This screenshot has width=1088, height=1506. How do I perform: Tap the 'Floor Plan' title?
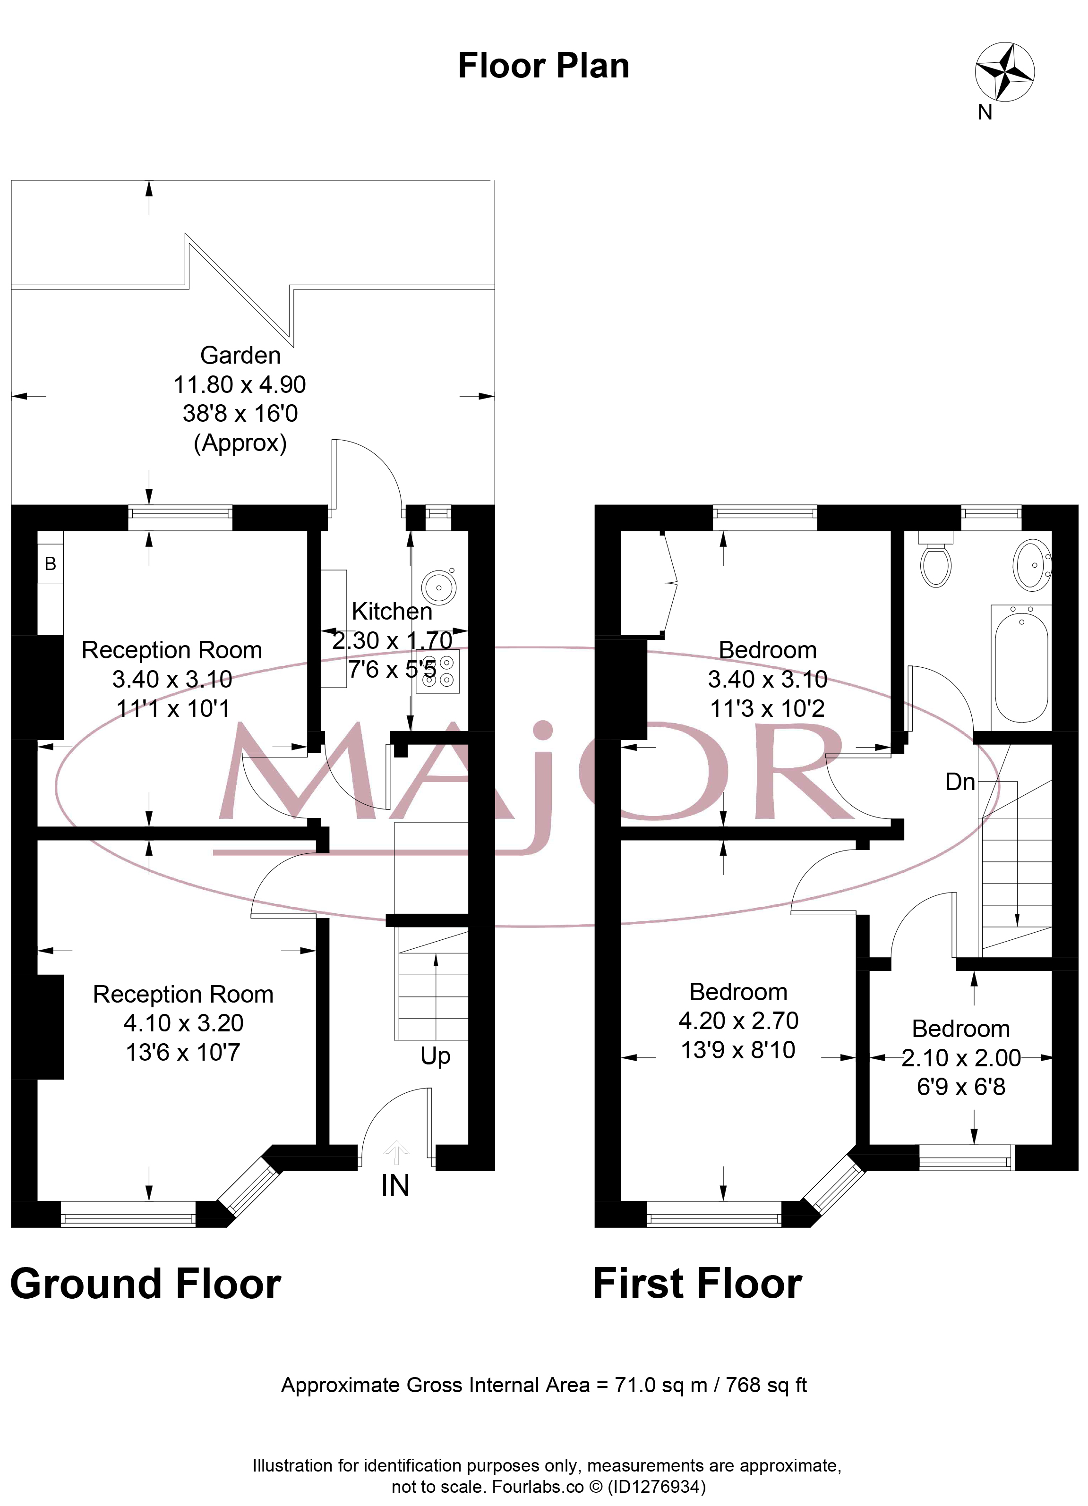(x=543, y=66)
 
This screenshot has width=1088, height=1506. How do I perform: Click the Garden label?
(x=240, y=355)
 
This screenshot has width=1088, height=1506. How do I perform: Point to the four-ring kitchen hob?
(x=438, y=672)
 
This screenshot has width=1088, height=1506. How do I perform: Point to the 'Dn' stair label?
(x=960, y=782)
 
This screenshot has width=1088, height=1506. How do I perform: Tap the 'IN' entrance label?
(x=395, y=1185)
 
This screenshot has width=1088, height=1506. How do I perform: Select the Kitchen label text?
(x=392, y=611)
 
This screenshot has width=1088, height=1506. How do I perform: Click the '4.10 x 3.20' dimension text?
(x=183, y=1023)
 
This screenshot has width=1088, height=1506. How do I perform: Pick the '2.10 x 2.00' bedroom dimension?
(x=960, y=1058)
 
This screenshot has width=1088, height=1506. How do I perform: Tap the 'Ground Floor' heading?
(x=146, y=1284)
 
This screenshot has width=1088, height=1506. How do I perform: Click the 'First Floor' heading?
(x=697, y=1284)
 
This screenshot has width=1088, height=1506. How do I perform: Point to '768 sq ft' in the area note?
(x=766, y=1385)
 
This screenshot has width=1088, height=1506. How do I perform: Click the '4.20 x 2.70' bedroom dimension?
(x=738, y=1021)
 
